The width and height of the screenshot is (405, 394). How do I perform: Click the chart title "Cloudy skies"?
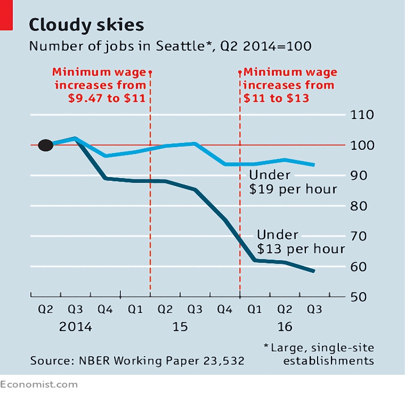[86, 25]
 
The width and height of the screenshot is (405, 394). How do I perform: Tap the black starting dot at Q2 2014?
[46, 145]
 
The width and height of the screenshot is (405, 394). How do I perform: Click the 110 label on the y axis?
[362, 115]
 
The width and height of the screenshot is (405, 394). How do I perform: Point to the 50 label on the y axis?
[359, 297]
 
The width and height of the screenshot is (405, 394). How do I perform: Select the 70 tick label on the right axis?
[359, 236]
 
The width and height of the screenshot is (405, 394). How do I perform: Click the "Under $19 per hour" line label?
[293, 182]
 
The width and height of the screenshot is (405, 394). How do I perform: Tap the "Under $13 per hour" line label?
[301, 242]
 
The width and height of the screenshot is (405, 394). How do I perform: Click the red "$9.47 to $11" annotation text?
[107, 98]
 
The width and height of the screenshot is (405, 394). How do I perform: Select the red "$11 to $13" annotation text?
[276, 98]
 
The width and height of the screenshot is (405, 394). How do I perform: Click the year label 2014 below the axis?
[76, 327]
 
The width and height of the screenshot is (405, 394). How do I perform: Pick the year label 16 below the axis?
[285, 327]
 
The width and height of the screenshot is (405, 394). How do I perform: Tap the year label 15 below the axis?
[180, 327]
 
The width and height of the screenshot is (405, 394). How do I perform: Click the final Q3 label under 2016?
[314, 309]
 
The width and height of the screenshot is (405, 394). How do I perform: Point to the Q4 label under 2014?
[105, 309]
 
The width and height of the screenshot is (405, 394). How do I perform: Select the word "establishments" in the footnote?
[329, 360]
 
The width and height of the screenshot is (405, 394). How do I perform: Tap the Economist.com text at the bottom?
[39, 385]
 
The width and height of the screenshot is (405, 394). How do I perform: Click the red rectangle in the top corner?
[6, 15]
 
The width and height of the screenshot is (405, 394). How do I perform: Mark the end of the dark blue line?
[314, 271]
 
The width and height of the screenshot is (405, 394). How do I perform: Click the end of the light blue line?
[314, 165]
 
